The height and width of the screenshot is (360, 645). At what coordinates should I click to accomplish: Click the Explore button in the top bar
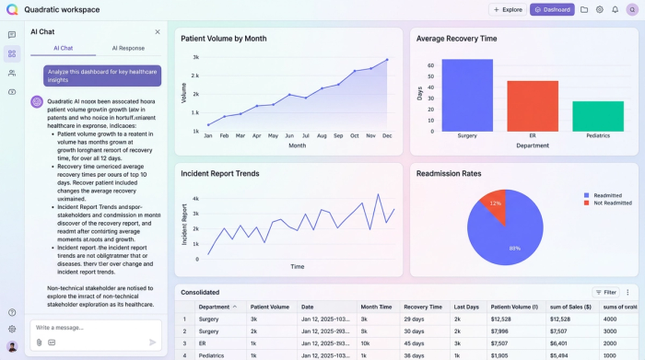click(x=508, y=9)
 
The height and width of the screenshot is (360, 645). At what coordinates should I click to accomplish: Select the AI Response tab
click(x=128, y=48)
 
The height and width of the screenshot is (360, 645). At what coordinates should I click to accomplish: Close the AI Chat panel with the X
click(x=158, y=31)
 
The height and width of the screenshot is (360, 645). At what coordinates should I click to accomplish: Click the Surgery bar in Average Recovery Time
click(x=467, y=95)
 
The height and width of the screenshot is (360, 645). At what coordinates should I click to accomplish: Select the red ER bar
click(x=533, y=106)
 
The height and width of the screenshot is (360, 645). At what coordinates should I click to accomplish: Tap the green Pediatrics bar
click(x=597, y=116)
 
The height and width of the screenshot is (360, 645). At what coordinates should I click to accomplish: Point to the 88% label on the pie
click(x=515, y=248)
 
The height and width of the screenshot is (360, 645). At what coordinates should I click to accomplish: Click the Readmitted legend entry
click(x=607, y=195)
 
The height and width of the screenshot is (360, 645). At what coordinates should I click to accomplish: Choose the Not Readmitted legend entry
click(x=612, y=203)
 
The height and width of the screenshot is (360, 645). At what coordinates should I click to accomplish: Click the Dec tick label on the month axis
click(x=386, y=135)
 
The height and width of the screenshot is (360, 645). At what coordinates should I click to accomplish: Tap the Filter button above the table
click(x=604, y=292)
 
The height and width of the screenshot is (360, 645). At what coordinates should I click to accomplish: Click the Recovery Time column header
click(x=422, y=307)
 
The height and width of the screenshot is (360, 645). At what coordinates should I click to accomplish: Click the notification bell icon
click(x=615, y=9)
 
